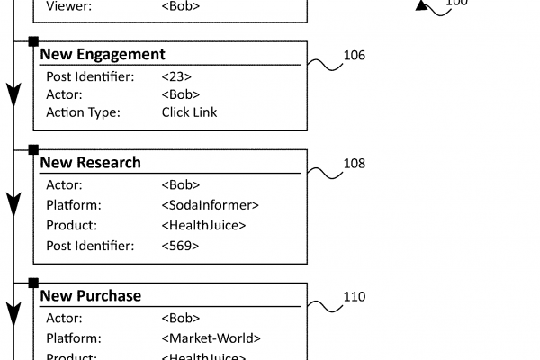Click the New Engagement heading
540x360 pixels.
[x=103, y=55]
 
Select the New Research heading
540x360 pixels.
[x=91, y=163]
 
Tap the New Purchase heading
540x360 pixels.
[x=91, y=295]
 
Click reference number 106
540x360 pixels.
[x=355, y=56]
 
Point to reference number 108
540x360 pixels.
[x=355, y=164]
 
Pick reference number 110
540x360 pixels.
[x=355, y=296]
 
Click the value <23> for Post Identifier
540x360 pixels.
[x=176, y=76]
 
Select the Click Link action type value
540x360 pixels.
[x=189, y=112]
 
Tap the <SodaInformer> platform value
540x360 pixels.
[x=211, y=205]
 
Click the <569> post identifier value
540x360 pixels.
[x=180, y=245]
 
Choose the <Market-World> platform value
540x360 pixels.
[x=211, y=338]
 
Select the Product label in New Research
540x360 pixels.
[x=71, y=225]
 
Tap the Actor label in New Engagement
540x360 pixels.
[x=64, y=94]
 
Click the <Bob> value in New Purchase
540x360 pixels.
[x=181, y=318]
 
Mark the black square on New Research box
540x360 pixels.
[x=33, y=148]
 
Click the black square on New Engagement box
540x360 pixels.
[x=33, y=40]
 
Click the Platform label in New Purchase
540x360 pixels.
[x=74, y=338]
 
